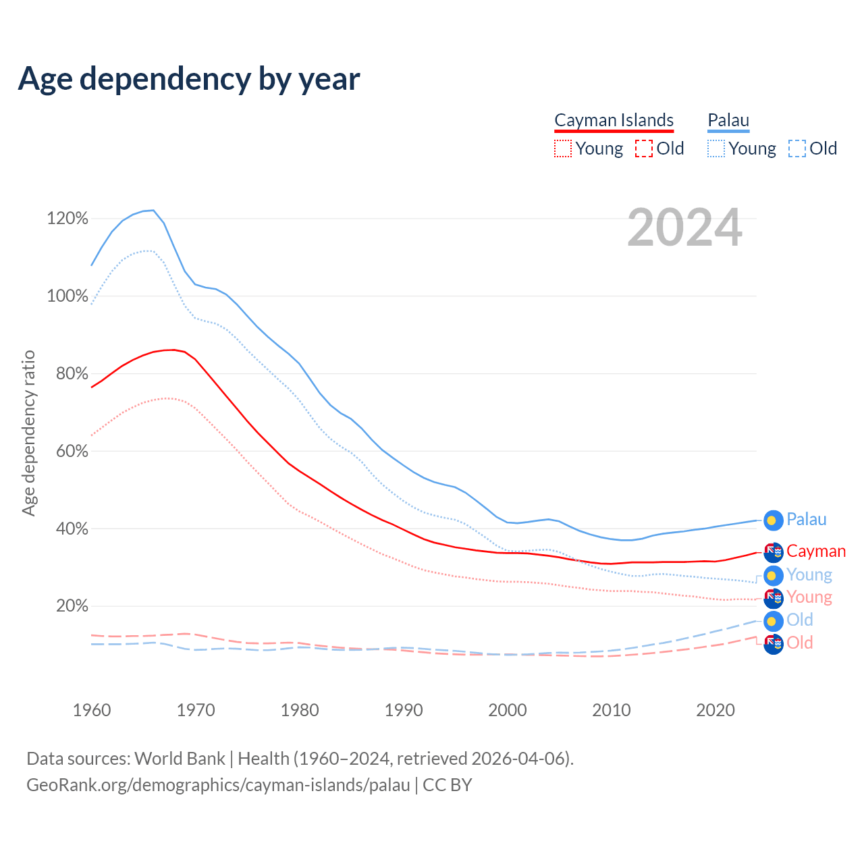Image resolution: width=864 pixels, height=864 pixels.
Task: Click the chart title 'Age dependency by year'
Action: coord(189,78)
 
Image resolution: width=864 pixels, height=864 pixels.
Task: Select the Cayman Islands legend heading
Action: coord(614,120)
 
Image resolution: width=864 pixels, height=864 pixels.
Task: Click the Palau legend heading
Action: coord(728,120)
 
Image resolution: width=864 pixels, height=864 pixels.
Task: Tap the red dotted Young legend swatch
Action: coord(562,148)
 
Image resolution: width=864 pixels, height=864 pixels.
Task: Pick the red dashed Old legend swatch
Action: coord(644,148)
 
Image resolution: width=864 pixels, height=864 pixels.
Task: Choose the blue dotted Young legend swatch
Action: coord(716,148)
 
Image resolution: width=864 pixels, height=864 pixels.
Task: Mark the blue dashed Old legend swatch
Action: coord(797,148)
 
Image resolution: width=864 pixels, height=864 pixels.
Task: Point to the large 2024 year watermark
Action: coord(684,228)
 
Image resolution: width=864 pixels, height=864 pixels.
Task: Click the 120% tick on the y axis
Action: coord(67,218)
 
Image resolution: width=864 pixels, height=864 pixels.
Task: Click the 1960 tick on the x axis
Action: coord(92,710)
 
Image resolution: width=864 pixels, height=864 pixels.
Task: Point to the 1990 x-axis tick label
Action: coord(404,710)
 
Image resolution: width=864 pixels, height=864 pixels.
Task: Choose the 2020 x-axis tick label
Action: coord(715,710)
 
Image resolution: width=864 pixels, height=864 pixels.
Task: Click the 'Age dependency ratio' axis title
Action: coord(28,433)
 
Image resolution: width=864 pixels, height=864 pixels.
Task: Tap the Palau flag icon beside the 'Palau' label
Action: coord(773,520)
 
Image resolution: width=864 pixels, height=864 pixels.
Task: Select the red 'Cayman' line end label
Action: coord(816,551)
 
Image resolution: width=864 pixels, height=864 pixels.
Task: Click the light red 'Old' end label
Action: coord(800,643)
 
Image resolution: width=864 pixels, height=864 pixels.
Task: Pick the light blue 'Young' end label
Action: coord(809,574)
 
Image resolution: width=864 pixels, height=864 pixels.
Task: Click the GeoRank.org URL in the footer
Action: coord(218,785)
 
